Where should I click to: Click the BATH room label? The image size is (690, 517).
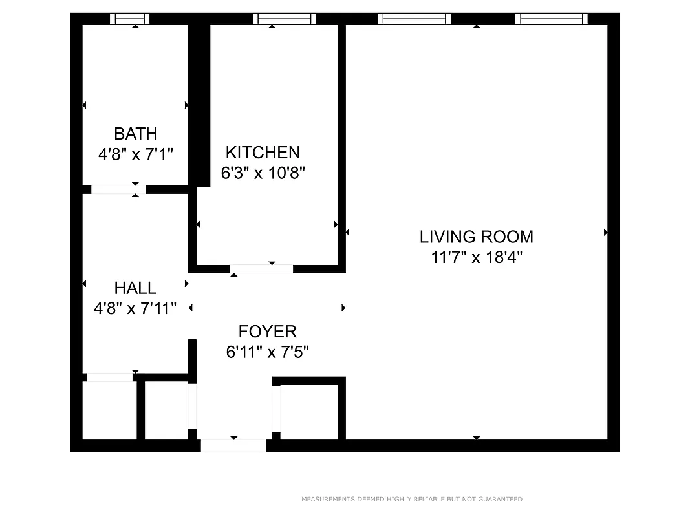tap(135, 134)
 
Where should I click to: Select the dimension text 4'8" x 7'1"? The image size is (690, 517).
tap(135, 154)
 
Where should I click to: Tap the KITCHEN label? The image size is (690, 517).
tap(263, 153)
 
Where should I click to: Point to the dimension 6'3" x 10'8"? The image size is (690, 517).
tap(263, 173)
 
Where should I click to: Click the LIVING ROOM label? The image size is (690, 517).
tap(477, 237)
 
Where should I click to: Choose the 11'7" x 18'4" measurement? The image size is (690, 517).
tap(477, 257)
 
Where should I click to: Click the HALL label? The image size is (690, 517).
tap(135, 288)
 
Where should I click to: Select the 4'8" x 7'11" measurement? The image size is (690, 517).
tap(135, 309)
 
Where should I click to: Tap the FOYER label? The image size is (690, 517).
tap(268, 332)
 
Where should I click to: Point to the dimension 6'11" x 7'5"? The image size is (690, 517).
tap(268, 352)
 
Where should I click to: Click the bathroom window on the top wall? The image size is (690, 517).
tap(129, 19)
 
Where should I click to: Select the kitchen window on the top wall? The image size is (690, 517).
tap(285, 19)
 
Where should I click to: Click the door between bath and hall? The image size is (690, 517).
tap(118, 189)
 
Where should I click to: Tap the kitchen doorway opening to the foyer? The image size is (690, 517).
tap(261, 269)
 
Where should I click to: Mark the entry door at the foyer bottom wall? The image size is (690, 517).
tap(233, 445)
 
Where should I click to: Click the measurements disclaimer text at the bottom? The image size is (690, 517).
tap(412, 499)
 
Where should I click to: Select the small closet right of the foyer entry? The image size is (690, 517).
tap(309, 412)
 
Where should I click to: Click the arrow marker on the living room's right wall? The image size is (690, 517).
tap(606, 232)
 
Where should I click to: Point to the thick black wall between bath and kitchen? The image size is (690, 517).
tap(200, 103)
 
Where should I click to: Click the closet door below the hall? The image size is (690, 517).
tap(110, 377)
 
